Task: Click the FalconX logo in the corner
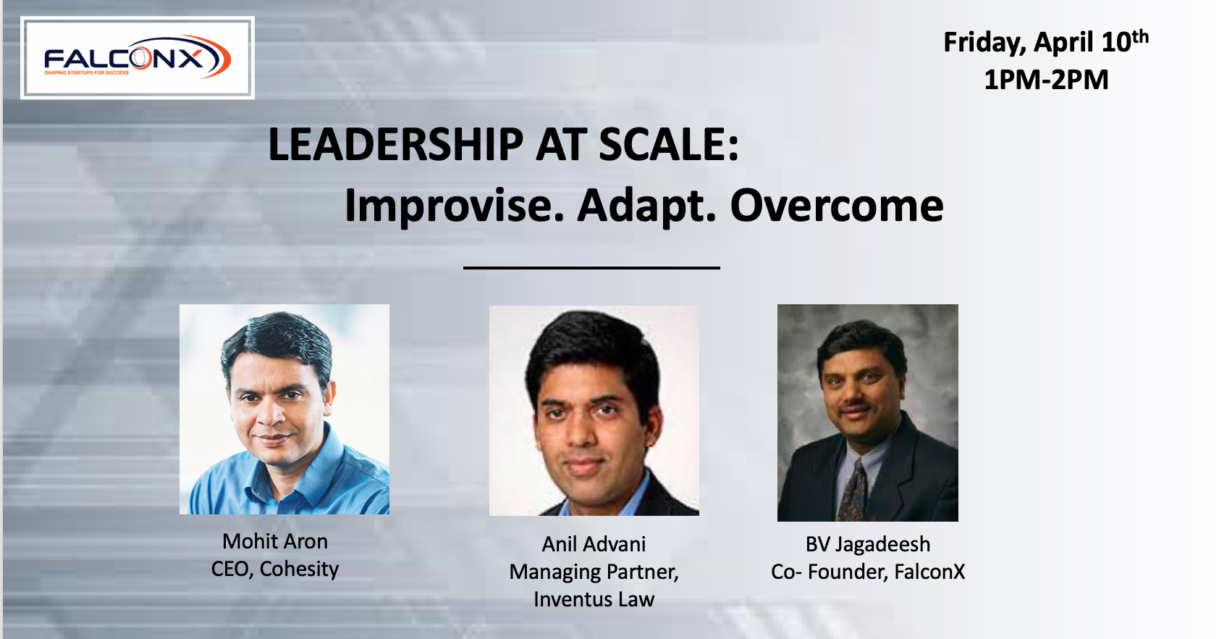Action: pyautogui.click(x=138, y=58)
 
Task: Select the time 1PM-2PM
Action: pyautogui.click(x=1046, y=80)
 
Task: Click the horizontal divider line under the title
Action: pyautogui.click(x=591, y=268)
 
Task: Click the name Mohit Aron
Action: pyautogui.click(x=275, y=541)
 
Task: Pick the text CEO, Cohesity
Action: pyautogui.click(x=275, y=569)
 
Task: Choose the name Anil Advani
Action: pyautogui.click(x=594, y=544)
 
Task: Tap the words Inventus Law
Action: pyautogui.click(x=594, y=599)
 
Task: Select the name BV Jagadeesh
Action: pyautogui.click(x=868, y=544)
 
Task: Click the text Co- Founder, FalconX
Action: pyautogui.click(x=868, y=572)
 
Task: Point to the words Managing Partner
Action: pyautogui.click(x=594, y=572)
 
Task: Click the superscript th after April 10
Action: pyautogui.click(x=1141, y=35)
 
